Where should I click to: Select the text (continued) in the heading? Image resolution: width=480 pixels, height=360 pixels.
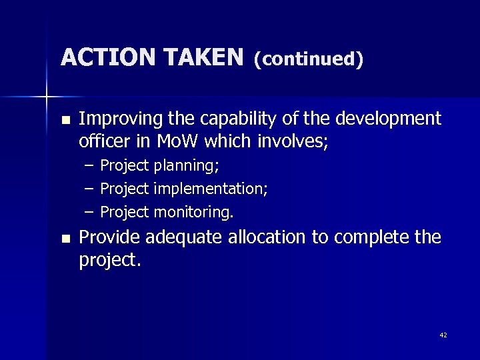tap(309, 59)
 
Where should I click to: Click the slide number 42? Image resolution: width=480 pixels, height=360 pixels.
tap(443, 335)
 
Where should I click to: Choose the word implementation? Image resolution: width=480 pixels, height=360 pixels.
tap(211, 189)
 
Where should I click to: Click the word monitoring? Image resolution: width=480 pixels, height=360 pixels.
tap(194, 213)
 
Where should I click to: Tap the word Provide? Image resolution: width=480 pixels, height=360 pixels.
tap(109, 237)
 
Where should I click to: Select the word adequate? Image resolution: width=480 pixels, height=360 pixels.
tap(183, 238)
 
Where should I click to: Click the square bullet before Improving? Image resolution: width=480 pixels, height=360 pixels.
tap(64, 121)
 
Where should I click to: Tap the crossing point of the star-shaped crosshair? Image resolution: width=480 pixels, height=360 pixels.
tap(46, 97)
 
